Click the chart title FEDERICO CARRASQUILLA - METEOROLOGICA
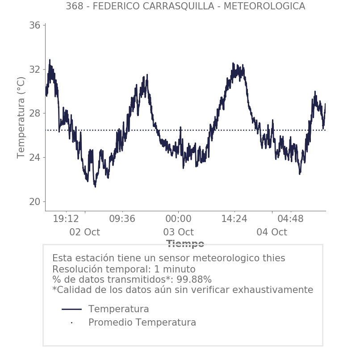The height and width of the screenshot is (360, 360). coord(185,6)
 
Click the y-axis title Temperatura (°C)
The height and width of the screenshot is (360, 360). coord(21,117)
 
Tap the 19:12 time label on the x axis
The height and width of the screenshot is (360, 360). coord(66,219)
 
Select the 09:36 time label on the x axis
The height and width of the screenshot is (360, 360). coord(122,219)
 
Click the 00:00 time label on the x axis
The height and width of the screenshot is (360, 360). coord(178,219)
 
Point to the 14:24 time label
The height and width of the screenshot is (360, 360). coord(234,219)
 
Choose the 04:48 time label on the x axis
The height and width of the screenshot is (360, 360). coord(290,219)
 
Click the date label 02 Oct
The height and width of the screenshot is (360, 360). coord(84,232)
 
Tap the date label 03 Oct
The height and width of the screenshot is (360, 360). coord(178,232)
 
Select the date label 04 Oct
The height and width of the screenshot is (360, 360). coord(272,232)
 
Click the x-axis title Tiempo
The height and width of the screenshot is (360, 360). coord(185,244)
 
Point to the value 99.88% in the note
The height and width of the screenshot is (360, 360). coord(194,280)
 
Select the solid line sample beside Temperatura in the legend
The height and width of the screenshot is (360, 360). coord(71,309)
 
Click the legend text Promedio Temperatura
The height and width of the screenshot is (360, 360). coord(142,322)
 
